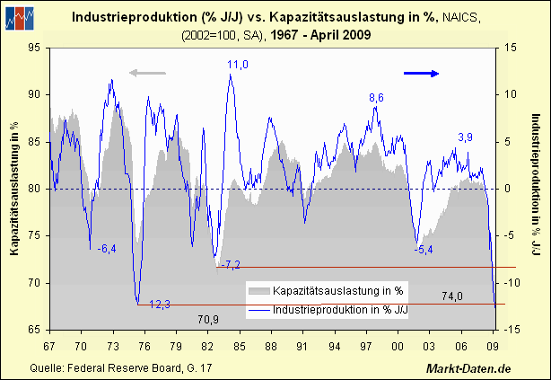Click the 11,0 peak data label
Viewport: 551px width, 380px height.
point(238,65)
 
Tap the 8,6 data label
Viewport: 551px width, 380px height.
point(377,97)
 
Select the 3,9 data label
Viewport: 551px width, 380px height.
point(466,137)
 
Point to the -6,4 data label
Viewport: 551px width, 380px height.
point(106,249)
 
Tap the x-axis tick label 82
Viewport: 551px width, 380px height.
point(207,344)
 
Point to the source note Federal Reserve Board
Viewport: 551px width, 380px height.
point(108,368)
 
